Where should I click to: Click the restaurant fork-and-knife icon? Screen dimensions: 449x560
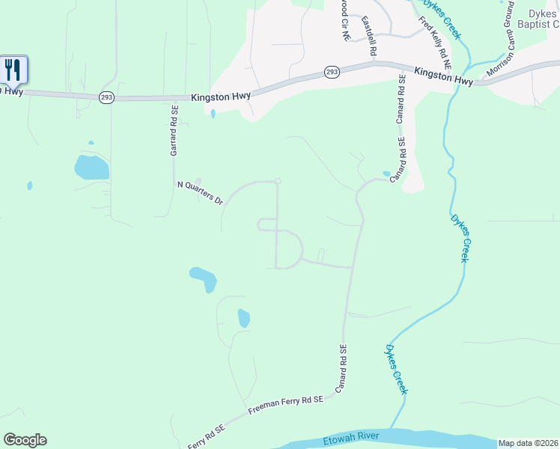tap(13, 70)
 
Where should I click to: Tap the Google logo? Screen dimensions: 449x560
tap(25, 440)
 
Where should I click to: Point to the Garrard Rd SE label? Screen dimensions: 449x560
tap(173, 130)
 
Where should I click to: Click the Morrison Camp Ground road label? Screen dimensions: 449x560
tap(501, 40)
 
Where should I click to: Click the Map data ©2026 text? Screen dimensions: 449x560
tap(528, 443)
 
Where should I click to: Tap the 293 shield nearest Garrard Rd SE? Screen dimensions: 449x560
tap(106, 98)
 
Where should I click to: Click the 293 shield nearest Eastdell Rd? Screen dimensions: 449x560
tap(332, 72)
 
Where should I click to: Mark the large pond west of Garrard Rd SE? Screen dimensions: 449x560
tap(91, 167)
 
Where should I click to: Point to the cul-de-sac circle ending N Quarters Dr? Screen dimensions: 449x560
tap(278, 180)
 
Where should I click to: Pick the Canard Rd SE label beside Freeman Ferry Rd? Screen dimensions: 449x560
tap(341, 369)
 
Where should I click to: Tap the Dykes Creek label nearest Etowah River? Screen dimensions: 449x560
tap(397, 369)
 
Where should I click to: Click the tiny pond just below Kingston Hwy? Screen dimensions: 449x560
tap(213, 114)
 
